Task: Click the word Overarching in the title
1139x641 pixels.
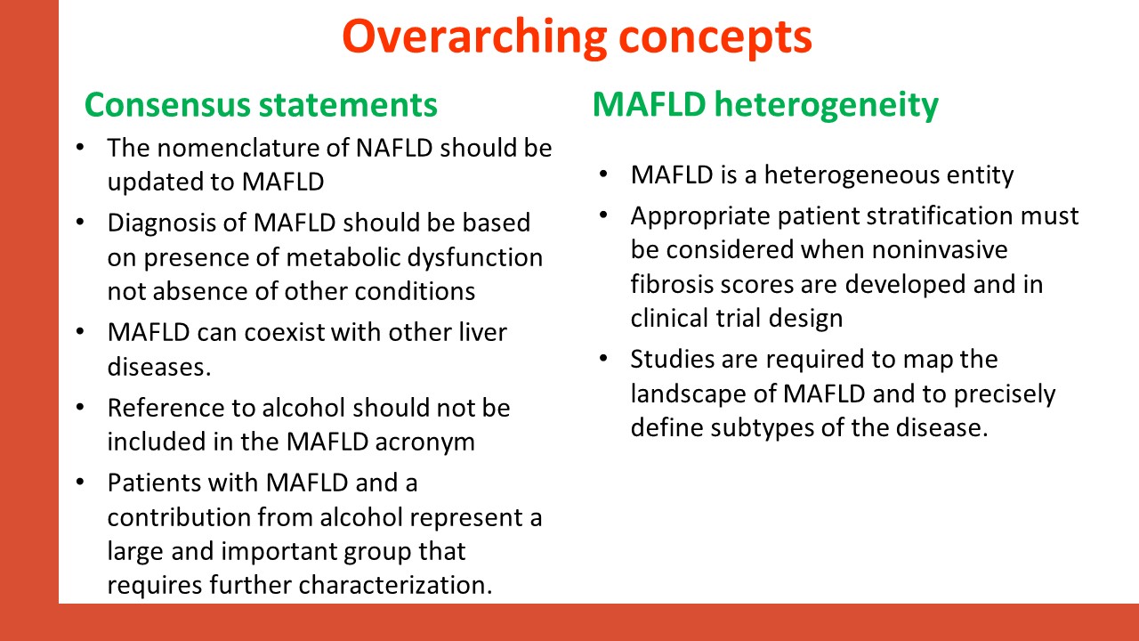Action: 475,38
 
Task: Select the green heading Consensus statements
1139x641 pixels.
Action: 261,105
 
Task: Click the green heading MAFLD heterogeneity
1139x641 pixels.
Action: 765,105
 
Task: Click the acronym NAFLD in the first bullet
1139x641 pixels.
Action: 394,148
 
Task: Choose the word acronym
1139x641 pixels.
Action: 425,442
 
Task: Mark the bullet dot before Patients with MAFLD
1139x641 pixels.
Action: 80,482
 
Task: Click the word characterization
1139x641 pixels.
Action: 395,585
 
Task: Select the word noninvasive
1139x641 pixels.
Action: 940,250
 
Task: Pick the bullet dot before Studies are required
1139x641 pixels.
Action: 603,358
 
